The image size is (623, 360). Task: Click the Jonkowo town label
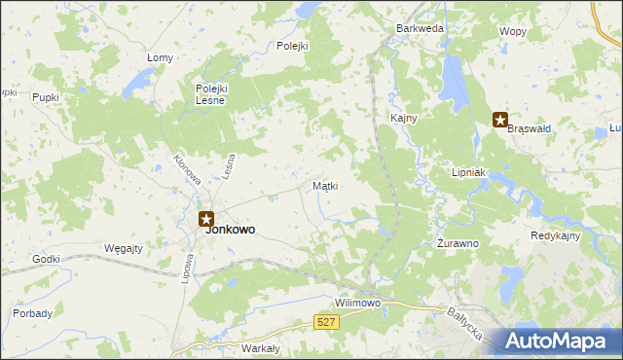(231, 231)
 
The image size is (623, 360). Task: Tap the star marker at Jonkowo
(205, 220)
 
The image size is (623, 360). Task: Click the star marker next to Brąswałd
(500, 121)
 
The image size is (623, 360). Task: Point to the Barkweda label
(420, 29)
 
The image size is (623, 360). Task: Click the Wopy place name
(513, 31)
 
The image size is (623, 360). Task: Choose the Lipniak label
(468, 172)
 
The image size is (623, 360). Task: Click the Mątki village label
(325, 185)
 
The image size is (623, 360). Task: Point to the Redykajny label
(556, 236)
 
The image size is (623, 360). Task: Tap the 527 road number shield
(327, 321)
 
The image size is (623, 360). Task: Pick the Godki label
(46, 259)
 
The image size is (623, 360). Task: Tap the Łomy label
(160, 57)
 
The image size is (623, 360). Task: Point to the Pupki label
(45, 97)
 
